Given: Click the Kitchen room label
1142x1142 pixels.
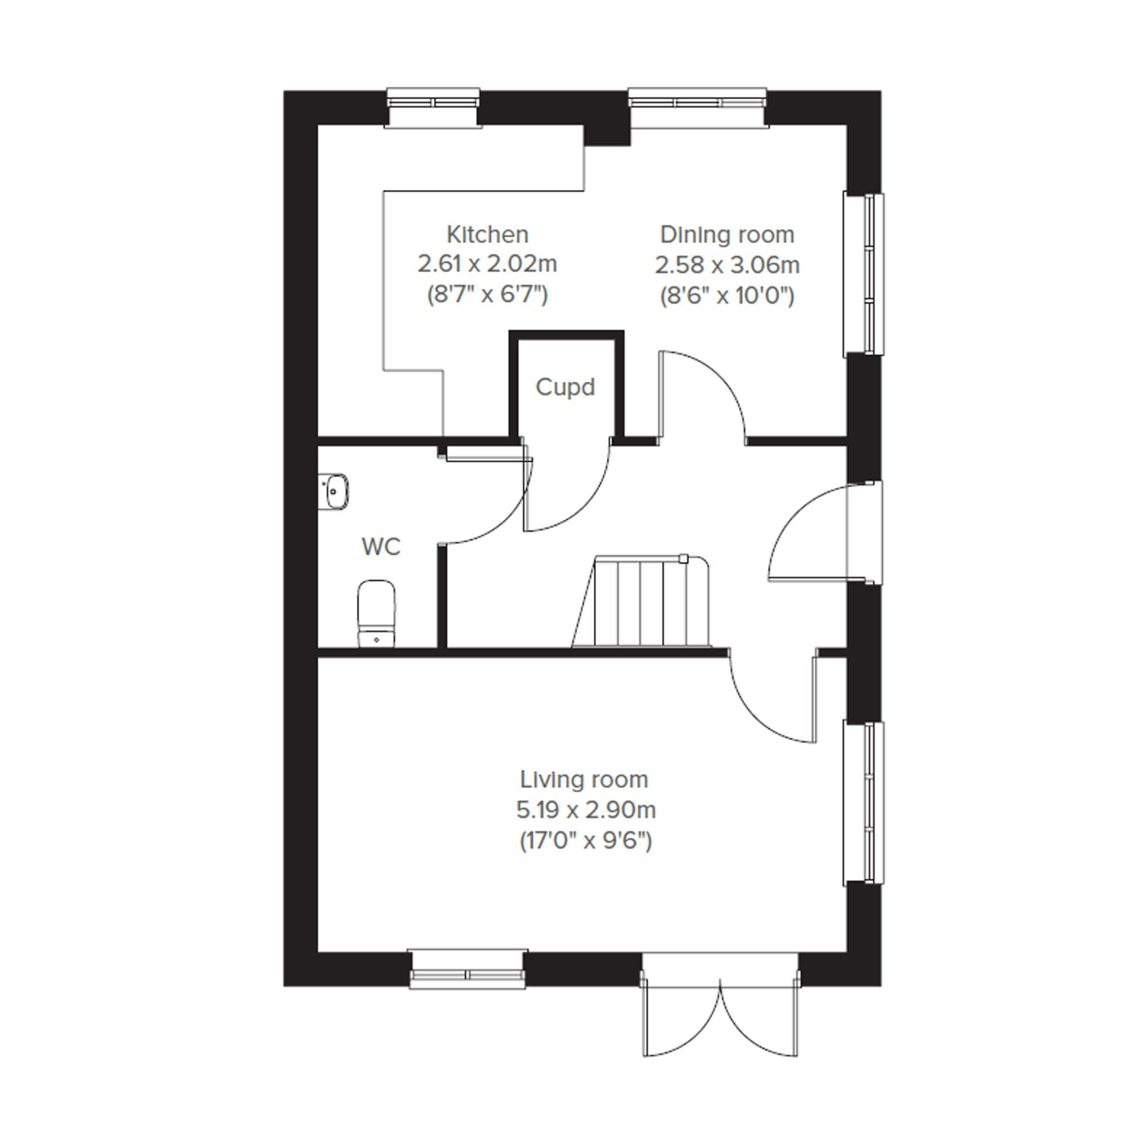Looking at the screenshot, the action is click(x=487, y=235).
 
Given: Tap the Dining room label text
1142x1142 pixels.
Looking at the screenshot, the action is click(x=727, y=235).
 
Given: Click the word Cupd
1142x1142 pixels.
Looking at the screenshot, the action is click(x=565, y=387).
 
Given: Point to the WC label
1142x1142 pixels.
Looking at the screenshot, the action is click(x=381, y=547).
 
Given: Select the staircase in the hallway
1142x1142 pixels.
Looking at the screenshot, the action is click(x=641, y=601).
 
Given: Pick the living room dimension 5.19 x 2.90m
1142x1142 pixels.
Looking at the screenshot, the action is click(x=586, y=810).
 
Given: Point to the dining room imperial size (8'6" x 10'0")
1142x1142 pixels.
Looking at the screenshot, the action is click(x=727, y=294).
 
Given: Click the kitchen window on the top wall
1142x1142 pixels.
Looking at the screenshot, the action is click(x=433, y=107).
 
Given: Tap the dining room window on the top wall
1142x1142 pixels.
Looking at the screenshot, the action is click(x=698, y=107).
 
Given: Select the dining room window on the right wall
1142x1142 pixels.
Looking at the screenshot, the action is click(x=863, y=274).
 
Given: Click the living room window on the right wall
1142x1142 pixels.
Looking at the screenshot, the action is click(x=863, y=803).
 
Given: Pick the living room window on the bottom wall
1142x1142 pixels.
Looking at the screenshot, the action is click(x=468, y=969).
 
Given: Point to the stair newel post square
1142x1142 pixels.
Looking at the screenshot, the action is click(x=684, y=558).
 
